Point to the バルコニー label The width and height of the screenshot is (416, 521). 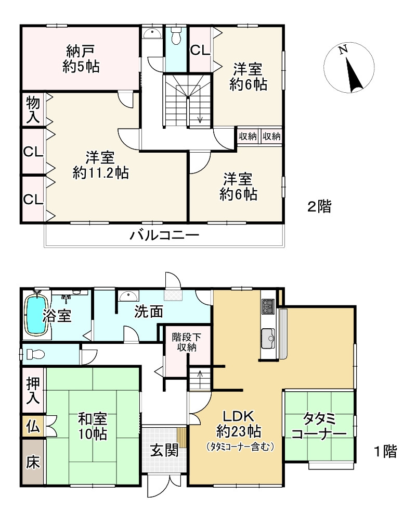point(164,236)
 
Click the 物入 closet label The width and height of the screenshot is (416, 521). point(33,109)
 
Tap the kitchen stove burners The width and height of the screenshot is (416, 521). point(268,306)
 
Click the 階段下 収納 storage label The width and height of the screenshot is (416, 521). point(185,342)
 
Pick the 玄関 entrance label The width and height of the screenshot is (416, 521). point(164,450)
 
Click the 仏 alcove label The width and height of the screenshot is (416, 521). point(33,427)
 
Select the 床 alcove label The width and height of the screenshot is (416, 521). point(33,462)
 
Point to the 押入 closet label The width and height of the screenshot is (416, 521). point(33,391)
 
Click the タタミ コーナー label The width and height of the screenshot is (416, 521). point(318,426)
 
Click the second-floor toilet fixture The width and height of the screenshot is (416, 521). point(176,36)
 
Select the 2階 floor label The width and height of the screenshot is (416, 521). point(319,207)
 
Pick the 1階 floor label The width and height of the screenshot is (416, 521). point(385,451)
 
